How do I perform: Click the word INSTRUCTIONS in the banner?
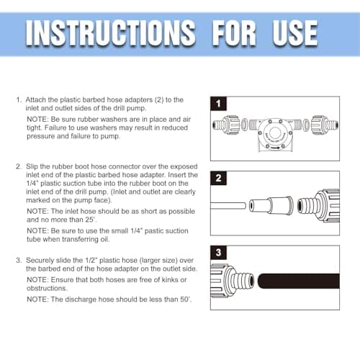111,33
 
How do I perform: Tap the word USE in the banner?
295,33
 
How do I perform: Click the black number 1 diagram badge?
218,104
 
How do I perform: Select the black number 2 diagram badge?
218,178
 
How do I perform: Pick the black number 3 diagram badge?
218,253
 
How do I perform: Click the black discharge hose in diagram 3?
299,281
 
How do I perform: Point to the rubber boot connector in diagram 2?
271,205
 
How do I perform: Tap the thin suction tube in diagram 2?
228,206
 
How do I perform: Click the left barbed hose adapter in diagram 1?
226,125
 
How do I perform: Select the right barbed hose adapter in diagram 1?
325,125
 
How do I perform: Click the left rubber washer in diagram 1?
244,125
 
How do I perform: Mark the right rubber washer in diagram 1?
306,125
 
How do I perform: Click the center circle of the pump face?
275,132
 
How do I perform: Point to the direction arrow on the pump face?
275,148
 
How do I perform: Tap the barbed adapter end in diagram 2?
307,206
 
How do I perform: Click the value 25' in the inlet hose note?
91,220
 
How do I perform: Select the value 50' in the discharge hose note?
186,300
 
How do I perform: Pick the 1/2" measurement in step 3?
91,260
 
